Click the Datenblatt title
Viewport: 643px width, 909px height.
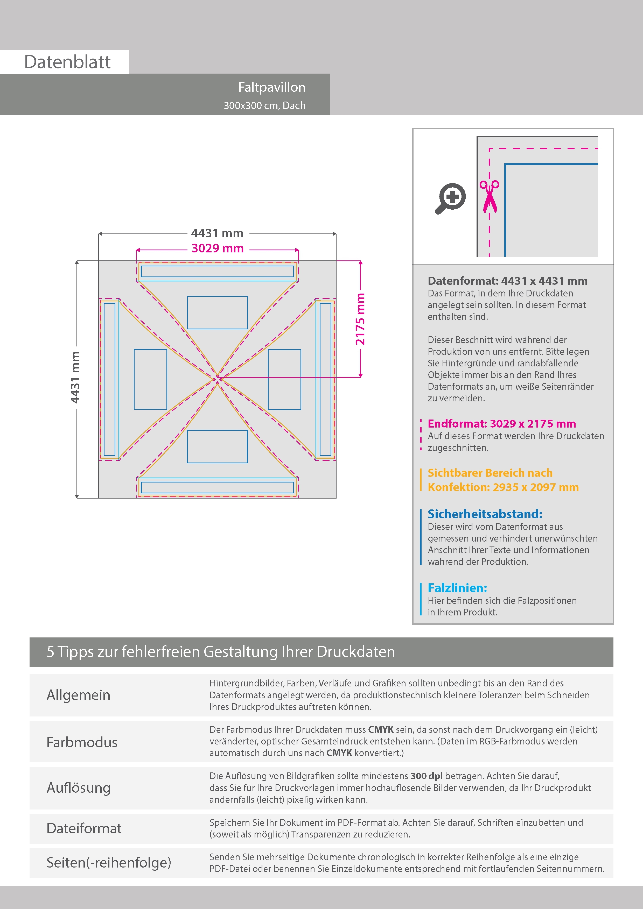67,62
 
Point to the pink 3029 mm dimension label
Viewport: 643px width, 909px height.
218,249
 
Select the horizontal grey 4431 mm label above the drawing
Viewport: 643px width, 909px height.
218,233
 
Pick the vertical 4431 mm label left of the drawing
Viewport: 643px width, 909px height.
75,377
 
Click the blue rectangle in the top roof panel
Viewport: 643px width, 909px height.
218,312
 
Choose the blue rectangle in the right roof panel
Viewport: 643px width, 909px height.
284,379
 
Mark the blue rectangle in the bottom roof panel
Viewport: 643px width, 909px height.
218,446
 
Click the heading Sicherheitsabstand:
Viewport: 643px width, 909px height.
485,514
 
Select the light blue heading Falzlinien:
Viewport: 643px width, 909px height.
457,588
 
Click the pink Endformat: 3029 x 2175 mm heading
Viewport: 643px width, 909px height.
501,424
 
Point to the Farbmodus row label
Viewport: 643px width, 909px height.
82,742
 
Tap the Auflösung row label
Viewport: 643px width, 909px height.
79,788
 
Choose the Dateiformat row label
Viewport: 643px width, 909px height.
84,829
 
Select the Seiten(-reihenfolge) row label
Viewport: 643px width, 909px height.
109,863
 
